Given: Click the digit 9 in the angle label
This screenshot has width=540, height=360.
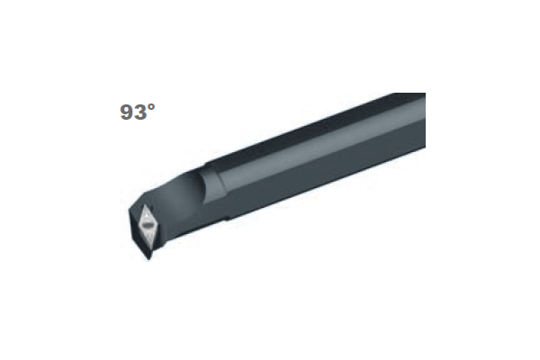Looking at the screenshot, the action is coord(127,112).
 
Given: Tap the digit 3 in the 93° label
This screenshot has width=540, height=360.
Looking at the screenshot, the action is coord(141,112).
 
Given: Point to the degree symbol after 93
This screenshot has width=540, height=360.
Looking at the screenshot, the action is coord(151,107).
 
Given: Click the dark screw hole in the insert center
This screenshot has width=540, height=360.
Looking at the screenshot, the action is coord(148,225).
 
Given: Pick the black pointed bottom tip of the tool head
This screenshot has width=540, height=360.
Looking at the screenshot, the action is coord(148,259).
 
